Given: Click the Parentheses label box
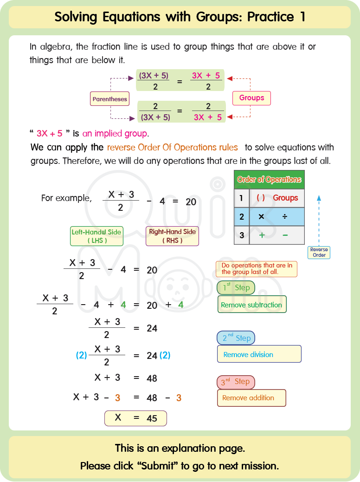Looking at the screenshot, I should [109, 99].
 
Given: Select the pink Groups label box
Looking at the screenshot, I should [251, 98].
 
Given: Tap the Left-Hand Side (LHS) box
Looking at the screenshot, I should [97, 236].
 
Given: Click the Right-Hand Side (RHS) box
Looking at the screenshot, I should [172, 236].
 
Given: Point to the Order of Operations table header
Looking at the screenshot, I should [269, 180].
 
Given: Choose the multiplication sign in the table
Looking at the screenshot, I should [261, 216].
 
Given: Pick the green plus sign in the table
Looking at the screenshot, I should [262, 235].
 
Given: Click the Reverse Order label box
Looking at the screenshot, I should [319, 252].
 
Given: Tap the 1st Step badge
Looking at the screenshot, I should [236, 288].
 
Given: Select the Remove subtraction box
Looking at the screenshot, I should [252, 305].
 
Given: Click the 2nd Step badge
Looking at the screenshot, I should [236, 338].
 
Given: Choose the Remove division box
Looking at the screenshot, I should [259, 354].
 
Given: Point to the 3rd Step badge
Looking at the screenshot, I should [236, 382].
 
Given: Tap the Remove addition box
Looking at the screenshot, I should [251, 398].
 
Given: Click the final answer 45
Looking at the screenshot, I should [152, 418].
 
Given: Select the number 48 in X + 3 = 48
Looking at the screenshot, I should [152, 378].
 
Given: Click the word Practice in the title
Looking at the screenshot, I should [271, 17].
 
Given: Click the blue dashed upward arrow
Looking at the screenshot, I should [319, 218].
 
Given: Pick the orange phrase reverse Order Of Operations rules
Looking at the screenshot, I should [172, 148].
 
